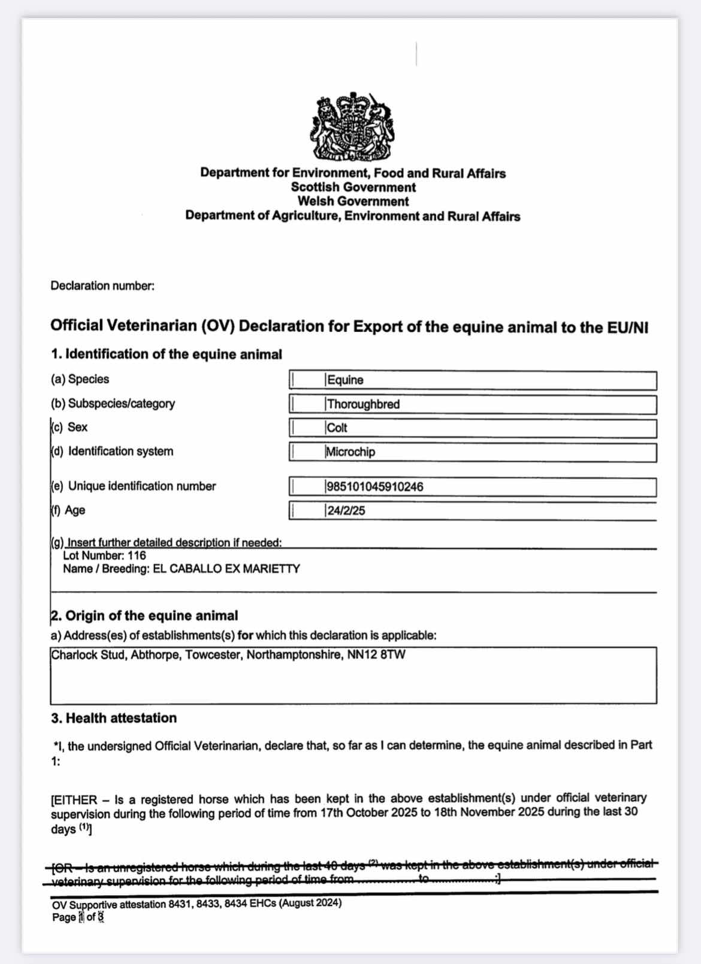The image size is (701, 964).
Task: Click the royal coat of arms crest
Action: [x=352, y=127]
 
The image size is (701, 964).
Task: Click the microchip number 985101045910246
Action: [x=375, y=487]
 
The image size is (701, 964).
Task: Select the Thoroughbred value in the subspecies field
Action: [x=363, y=404]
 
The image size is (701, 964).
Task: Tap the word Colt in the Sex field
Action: [x=337, y=428]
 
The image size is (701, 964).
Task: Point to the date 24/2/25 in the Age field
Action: [x=346, y=511]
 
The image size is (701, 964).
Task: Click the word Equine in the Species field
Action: [x=345, y=380]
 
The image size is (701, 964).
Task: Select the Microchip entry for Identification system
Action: [x=350, y=452]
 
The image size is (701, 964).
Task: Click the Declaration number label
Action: [x=102, y=286]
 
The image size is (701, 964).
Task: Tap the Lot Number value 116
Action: [x=137, y=556]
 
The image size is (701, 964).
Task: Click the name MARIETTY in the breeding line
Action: [x=271, y=569]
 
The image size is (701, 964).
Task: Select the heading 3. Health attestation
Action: [x=114, y=718]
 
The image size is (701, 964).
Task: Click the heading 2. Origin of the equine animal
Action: [x=144, y=616]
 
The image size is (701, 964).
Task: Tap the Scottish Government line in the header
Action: [x=353, y=187]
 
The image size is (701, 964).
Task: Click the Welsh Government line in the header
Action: [x=353, y=202]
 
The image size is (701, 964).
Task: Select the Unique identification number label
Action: [x=141, y=486]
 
